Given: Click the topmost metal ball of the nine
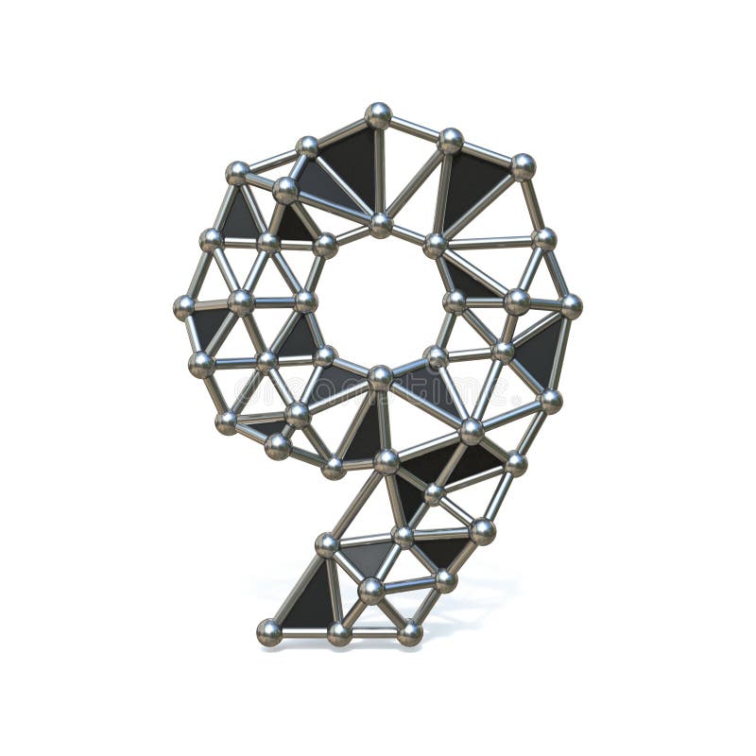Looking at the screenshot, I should (378, 115).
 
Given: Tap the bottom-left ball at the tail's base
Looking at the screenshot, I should (269, 631).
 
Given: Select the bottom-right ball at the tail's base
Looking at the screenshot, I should (409, 632).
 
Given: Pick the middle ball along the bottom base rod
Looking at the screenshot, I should (339, 633).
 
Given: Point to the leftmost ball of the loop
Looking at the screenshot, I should (185, 306).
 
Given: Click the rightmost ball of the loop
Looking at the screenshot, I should (571, 305).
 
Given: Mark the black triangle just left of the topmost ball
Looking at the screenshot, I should (350, 161).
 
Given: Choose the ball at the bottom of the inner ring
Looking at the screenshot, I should (380, 377).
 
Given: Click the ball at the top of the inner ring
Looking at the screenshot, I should (381, 225).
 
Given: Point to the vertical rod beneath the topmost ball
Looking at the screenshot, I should (379, 170).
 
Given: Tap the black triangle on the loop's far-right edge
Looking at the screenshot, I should (546, 350).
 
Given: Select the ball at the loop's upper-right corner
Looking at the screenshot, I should (523, 166).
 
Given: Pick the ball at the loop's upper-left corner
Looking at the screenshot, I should (237, 173).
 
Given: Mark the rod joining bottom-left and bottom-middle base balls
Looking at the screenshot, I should (304, 633).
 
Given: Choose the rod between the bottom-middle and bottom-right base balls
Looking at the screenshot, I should (374, 633).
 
